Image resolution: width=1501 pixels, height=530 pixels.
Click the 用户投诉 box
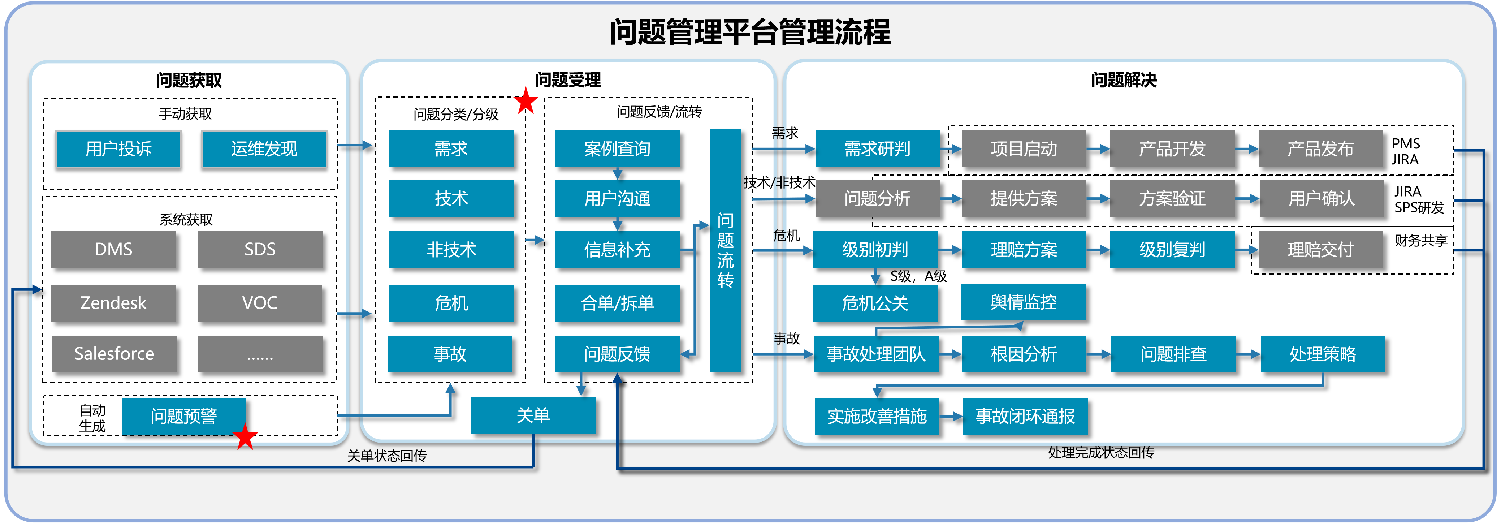click(118, 149)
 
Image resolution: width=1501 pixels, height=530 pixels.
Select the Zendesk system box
click(114, 303)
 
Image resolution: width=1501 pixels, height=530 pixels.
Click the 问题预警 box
click(183, 416)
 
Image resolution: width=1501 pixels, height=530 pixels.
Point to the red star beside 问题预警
click(245, 437)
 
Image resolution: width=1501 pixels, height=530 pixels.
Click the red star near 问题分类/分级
click(526, 102)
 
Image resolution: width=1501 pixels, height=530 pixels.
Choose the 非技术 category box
click(451, 250)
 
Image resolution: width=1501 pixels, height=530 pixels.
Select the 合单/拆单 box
click(617, 303)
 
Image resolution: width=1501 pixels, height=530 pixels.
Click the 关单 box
click(533, 415)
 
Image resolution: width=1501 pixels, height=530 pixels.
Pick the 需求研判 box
click(877, 149)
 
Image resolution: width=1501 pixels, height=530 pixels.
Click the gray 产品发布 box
click(1320, 149)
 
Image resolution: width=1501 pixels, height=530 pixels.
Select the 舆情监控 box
click(1023, 302)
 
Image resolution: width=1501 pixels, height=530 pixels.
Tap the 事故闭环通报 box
click(1025, 416)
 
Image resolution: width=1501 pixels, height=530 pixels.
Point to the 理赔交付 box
click(1320, 250)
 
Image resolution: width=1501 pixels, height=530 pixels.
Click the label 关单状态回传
click(387, 455)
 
